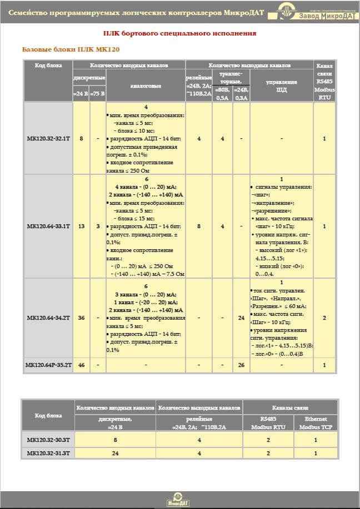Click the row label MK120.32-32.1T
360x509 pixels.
[48, 138]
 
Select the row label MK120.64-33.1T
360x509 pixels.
[48, 226]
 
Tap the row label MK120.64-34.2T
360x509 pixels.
[48, 318]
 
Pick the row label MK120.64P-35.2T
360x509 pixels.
[48, 365]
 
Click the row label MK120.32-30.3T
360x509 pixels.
[48, 440]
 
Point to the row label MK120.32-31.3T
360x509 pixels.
[48, 453]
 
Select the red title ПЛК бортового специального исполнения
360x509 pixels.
[180, 33]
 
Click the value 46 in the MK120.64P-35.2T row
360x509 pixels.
[82, 365]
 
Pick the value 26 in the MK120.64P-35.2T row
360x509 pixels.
[241, 365]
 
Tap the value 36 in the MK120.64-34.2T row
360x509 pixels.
[82, 318]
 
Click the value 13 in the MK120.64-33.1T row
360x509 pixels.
[82, 226]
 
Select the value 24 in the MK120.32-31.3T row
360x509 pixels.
[116, 453]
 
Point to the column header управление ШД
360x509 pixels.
[282, 86]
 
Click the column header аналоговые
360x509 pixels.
[146, 86]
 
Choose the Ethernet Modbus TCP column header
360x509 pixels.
[316, 423]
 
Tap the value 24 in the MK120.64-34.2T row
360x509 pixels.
[241, 318]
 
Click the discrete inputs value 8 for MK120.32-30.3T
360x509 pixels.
[116, 440]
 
